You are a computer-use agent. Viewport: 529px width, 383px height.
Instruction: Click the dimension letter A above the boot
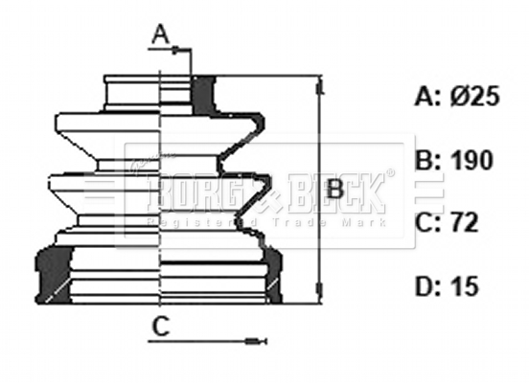[x=161, y=35]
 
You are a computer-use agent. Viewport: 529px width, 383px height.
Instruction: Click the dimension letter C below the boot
[x=161, y=327]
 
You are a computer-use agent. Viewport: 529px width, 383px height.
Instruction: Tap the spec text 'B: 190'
[x=455, y=160]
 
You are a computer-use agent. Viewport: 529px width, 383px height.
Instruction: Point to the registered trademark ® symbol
[x=388, y=174]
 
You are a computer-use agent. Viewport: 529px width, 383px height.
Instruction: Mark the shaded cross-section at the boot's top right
[x=204, y=94]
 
